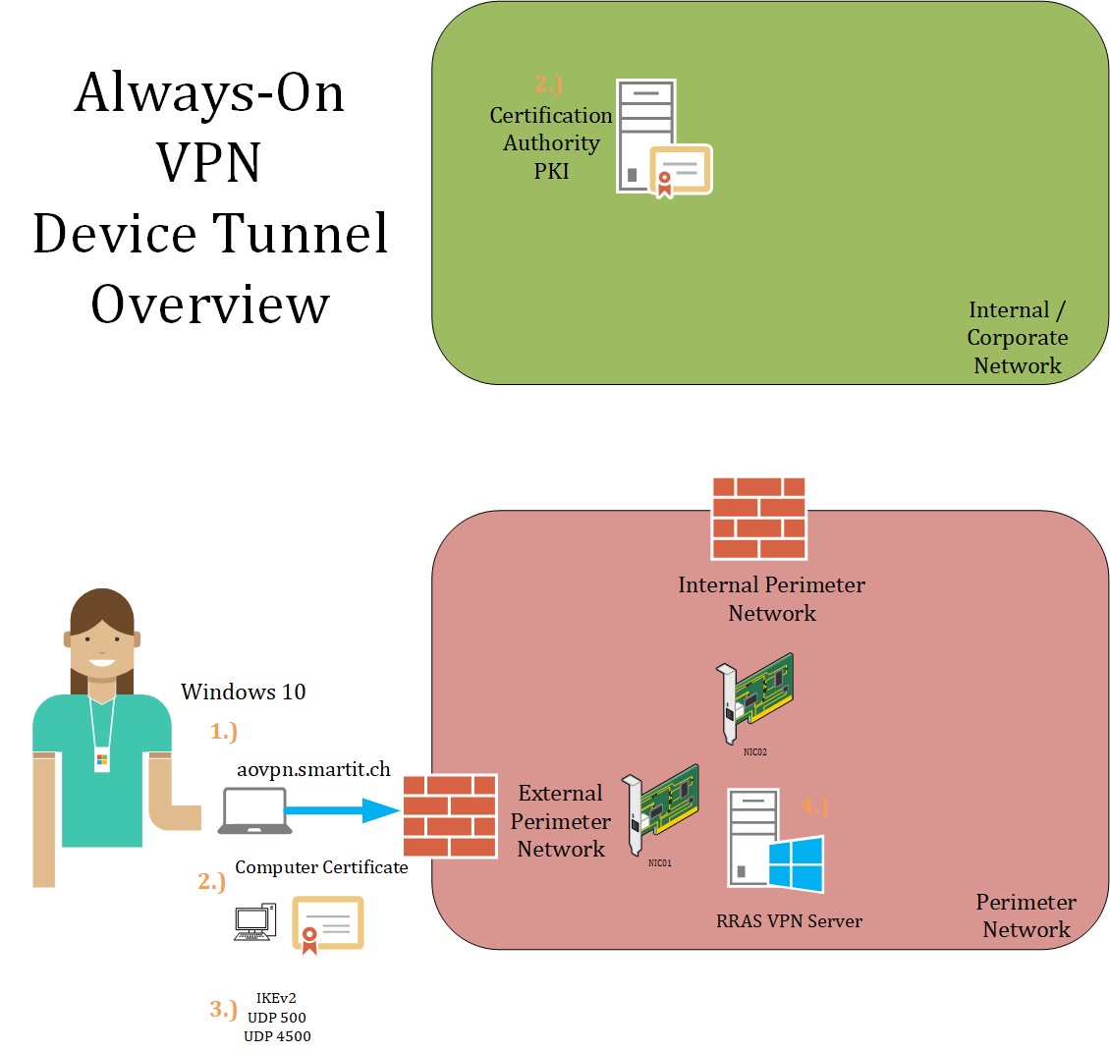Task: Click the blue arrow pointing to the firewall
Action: coord(334,810)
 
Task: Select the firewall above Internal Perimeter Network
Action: coord(758,518)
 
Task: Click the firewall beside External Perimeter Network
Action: coord(450,815)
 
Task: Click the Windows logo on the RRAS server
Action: coord(796,865)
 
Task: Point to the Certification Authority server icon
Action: coord(647,136)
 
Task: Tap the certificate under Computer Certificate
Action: coord(328,924)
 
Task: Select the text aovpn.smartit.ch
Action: coord(314,769)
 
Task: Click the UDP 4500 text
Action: coord(277,1036)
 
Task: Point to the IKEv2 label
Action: coord(275,999)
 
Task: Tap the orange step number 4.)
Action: coord(814,806)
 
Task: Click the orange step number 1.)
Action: coord(224,731)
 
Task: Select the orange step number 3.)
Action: coord(223,1009)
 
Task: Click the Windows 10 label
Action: coord(243,692)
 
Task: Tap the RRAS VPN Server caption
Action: coord(789,921)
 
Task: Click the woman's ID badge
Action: coord(102,760)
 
